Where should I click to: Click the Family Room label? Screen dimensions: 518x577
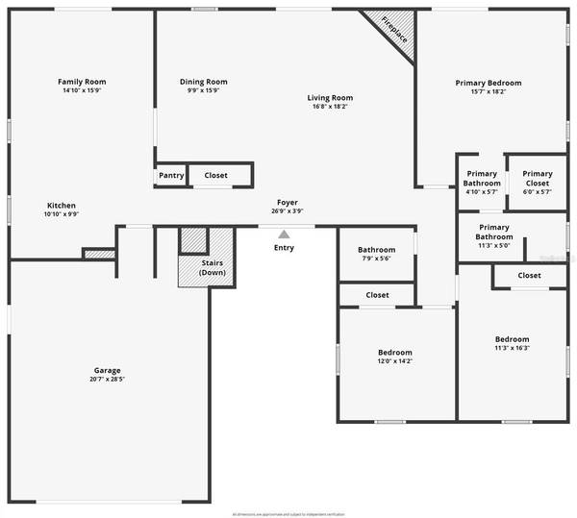82,82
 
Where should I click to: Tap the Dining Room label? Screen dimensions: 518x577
203,82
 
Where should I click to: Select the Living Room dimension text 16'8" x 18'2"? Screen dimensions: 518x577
330,107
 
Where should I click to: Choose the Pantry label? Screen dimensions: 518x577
170,176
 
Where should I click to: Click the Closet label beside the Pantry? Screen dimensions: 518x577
215,176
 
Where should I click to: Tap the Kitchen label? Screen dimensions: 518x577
62,206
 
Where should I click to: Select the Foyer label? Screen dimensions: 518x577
288,202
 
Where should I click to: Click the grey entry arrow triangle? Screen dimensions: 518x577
284,234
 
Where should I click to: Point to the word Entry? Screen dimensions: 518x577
284,248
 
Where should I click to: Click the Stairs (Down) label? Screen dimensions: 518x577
213,267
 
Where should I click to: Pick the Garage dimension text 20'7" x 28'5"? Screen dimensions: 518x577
107,380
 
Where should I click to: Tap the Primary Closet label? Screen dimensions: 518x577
537,178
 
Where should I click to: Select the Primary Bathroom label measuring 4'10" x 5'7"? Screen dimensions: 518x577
482,178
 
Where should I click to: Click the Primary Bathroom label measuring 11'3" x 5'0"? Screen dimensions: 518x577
494,232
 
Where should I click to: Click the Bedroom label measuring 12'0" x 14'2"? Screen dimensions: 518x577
394,352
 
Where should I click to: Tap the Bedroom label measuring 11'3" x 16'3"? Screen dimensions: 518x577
512,339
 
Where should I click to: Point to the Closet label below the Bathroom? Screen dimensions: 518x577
377,295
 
